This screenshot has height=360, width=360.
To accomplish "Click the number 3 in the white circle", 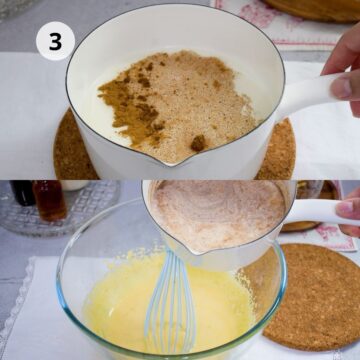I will (55, 41).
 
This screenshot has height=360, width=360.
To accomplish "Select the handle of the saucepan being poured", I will (315, 211).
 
